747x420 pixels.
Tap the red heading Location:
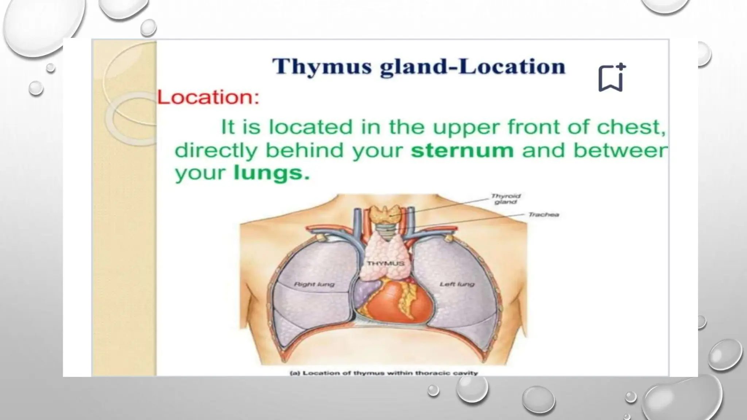[x=208, y=98]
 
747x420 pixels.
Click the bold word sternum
[x=462, y=150]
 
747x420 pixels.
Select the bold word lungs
[x=271, y=173]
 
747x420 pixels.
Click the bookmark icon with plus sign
[x=611, y=78]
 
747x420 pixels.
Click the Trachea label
[x=543, y=215]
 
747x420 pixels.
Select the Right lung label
[x=314, y=284]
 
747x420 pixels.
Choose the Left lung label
[x=457, y=284]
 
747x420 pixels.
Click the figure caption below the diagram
[x=383, y=373]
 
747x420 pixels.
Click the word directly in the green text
[x=216, y=150]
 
